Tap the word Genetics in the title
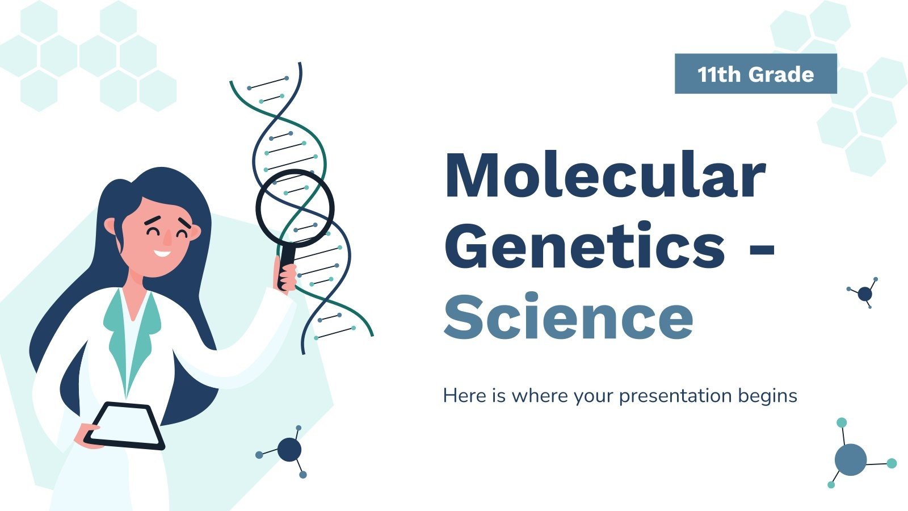click(585, 245)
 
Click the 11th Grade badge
click(755, 73)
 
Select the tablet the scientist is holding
click(124, 426)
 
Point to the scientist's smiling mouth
click(162, 254)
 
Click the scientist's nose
click(167, 238)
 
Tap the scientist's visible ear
click(110, 227)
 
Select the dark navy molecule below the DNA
click(289, 449)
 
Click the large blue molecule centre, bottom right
click(851, 459)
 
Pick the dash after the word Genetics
click(761, 252)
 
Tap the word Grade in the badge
click(781, 74)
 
